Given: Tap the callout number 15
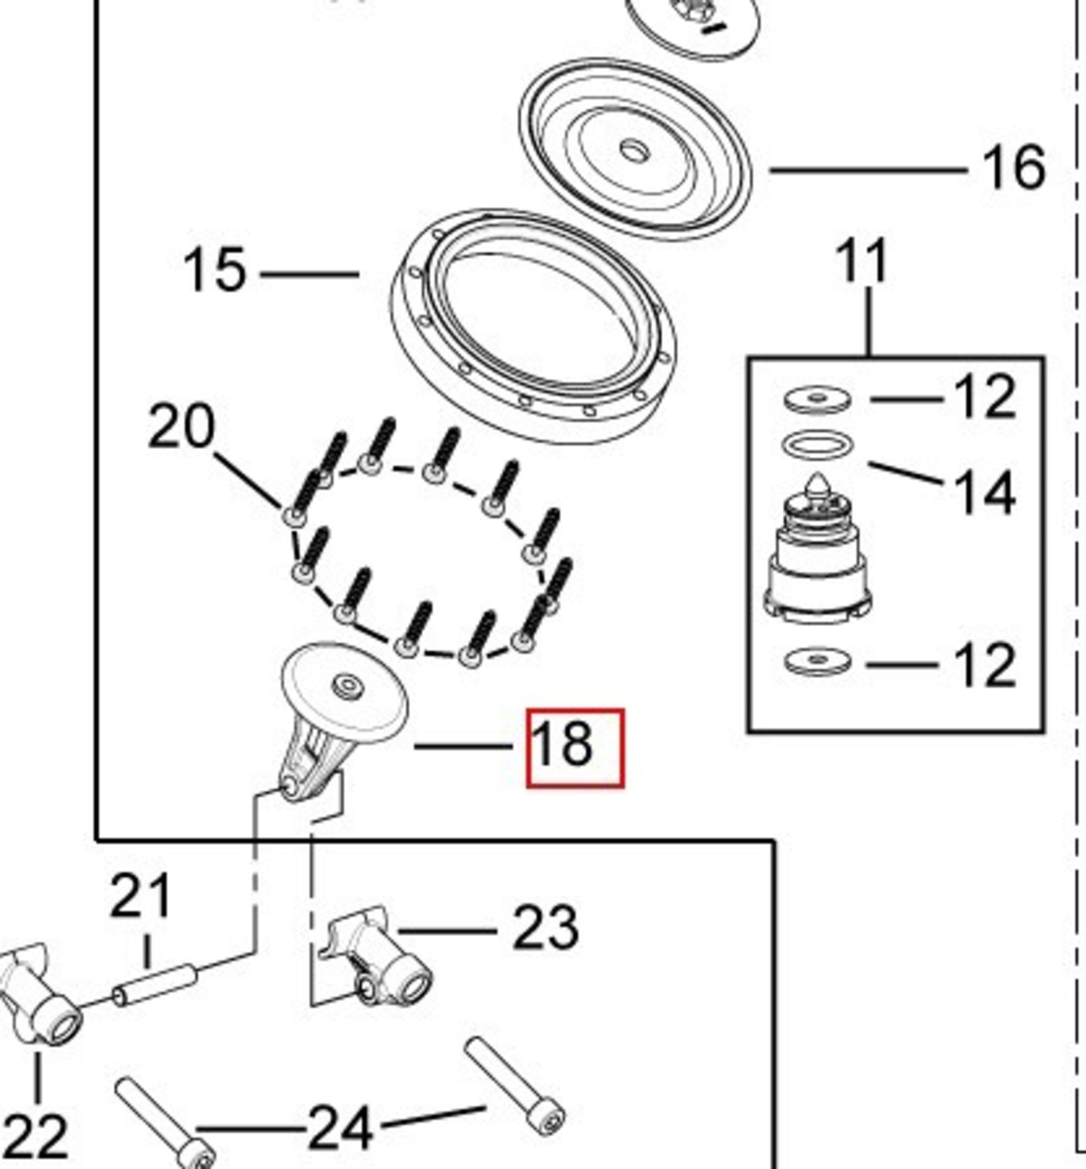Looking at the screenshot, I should (x=215, y=270).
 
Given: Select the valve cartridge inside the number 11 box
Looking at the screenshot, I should (x=817, y=555).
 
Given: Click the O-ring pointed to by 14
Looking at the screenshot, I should (x=817, y=444).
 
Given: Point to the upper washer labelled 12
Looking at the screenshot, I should (x=817, y=400).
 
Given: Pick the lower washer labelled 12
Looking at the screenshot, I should (x=817, y=661).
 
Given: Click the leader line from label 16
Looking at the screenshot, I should (x=867, y=170).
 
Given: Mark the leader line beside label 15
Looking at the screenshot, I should (x=309, y=274).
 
